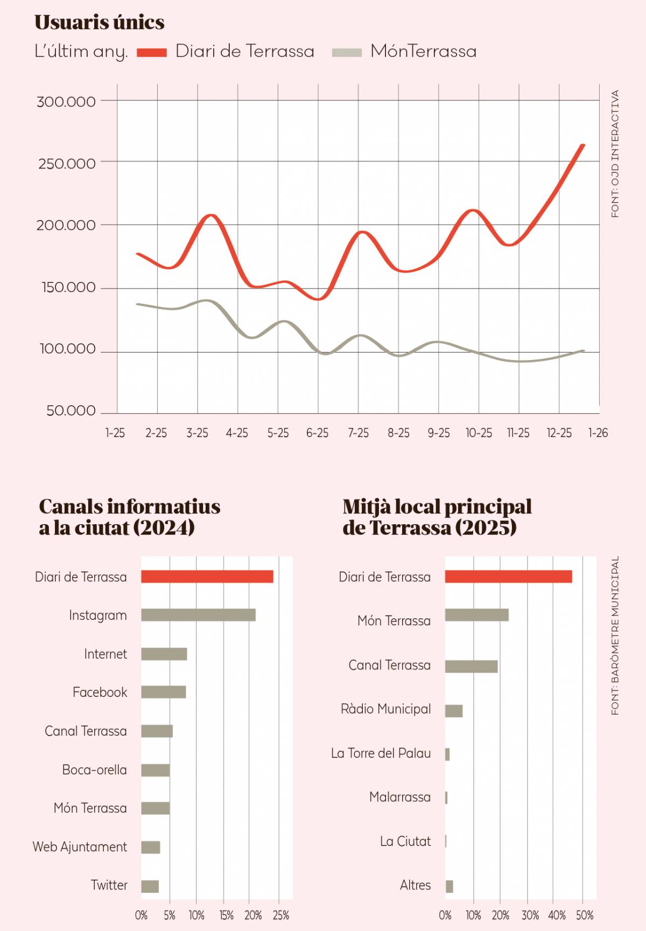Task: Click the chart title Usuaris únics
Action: [100, 23]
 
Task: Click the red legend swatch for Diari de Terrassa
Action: [152, 52]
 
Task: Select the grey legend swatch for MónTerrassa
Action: [347, 52]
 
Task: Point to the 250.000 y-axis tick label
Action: [67, 164]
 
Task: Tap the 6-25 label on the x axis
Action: [317, 433]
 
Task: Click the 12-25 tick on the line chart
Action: [559, 433]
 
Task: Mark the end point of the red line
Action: [583, 145]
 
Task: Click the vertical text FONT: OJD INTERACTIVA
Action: [615, 153]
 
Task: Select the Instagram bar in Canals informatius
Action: [198, 615]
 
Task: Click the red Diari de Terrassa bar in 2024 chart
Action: [207, 576]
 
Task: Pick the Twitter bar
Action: [150, 886]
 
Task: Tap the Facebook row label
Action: [100, 693]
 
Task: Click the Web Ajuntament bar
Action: [151, 847]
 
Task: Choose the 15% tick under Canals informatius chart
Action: [226, 915]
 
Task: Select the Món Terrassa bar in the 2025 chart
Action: [476, 615]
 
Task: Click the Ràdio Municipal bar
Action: [454, 711]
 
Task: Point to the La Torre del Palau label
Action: [381, 753]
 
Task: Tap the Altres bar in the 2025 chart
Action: [450, 886]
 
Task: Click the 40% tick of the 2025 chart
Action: [557, 915]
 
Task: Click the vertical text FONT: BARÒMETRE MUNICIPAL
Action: [615, 635]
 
